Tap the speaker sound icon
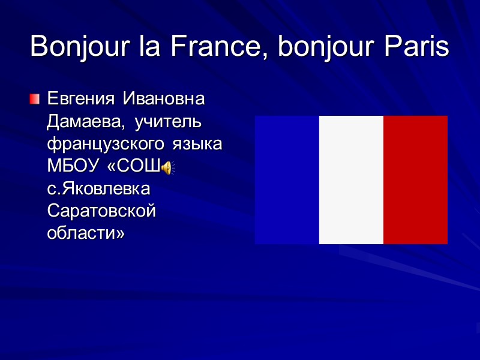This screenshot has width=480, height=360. (x=167, y=169)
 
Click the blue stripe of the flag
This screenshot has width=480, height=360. (x=287, y=180)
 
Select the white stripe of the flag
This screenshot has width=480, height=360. (x=351, y=180)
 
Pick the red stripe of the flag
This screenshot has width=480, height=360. (x=415, y=180)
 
